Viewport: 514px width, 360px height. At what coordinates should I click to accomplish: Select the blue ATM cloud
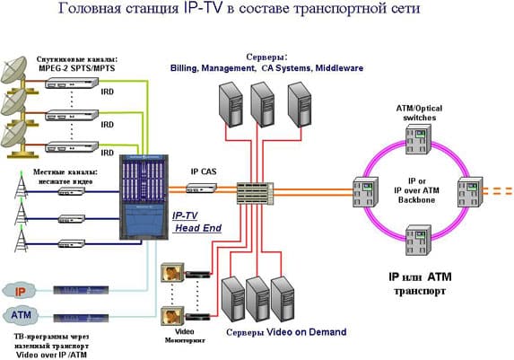(x=21, y=317)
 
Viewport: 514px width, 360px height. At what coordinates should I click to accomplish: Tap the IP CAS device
(x=202, y=188)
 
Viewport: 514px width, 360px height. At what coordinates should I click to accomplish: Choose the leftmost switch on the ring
(x=366, y=189)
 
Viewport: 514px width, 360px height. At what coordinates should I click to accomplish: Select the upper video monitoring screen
(x=170, y=273)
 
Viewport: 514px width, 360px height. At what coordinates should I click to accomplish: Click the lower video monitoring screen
(x=170, y=316)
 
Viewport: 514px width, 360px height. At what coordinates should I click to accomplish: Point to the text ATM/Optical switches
(x=418, y=112)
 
